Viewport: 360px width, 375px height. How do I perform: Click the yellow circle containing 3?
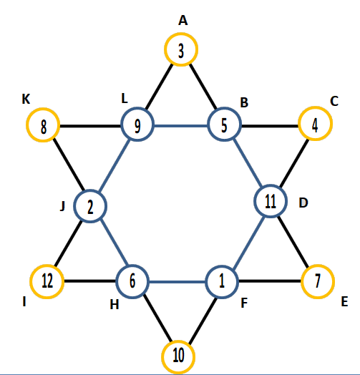(181, 33)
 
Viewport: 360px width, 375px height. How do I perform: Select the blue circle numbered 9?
(137, 107)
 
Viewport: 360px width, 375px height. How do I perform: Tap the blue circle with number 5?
(224, 107)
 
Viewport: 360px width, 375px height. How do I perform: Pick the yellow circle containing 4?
(316, 107)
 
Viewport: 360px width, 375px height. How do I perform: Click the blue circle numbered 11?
(271, 185)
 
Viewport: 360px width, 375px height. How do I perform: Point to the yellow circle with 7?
(318, 265)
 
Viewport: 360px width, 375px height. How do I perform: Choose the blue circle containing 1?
(222, 266)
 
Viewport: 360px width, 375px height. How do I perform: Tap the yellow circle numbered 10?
(178, 341)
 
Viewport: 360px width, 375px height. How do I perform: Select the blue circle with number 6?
(132, 265)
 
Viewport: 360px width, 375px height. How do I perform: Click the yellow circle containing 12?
(47, 265)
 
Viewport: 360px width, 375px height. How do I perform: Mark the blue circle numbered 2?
(90, 190)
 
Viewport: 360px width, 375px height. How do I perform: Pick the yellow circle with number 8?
(43, 108)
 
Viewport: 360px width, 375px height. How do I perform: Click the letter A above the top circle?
(183, 20)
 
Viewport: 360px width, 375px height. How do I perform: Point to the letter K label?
(26, 99)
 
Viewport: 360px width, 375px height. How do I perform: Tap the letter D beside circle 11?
(303, 203)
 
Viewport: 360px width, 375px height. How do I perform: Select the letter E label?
(344, 301)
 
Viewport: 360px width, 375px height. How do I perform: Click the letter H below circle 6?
(115, 305)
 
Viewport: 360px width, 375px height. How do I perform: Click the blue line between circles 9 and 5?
(181, 125)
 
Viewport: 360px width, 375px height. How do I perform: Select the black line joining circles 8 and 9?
(90, 125)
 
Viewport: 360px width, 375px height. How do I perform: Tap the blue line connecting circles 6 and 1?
(177, 282)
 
